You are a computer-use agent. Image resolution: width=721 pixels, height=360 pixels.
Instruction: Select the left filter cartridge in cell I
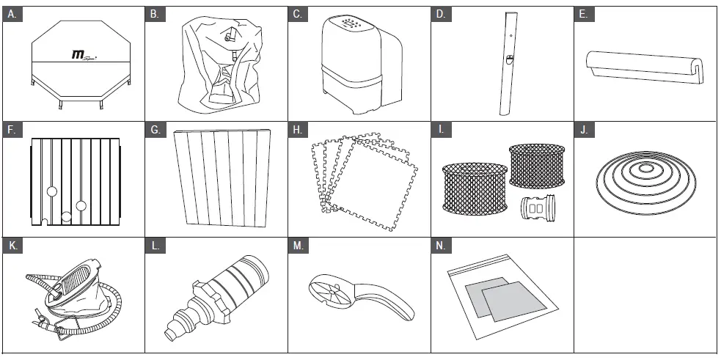click(x=475, y=187)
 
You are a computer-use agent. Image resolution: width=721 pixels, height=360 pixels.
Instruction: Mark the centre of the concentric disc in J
click(x=646, y=169)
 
